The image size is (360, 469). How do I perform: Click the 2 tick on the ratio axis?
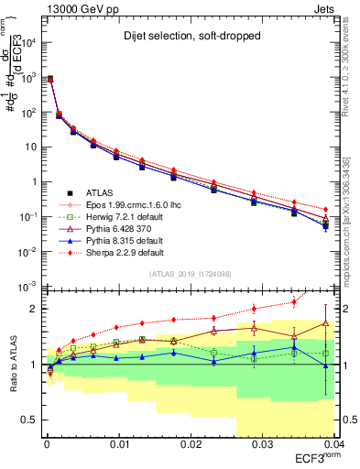pyautogui.click(x=35, y=309)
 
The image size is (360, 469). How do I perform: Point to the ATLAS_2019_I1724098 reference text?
pyautogui.click(x=190, y=275)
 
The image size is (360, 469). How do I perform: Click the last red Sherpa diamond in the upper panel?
pyautogui.click(x=326, y=210)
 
